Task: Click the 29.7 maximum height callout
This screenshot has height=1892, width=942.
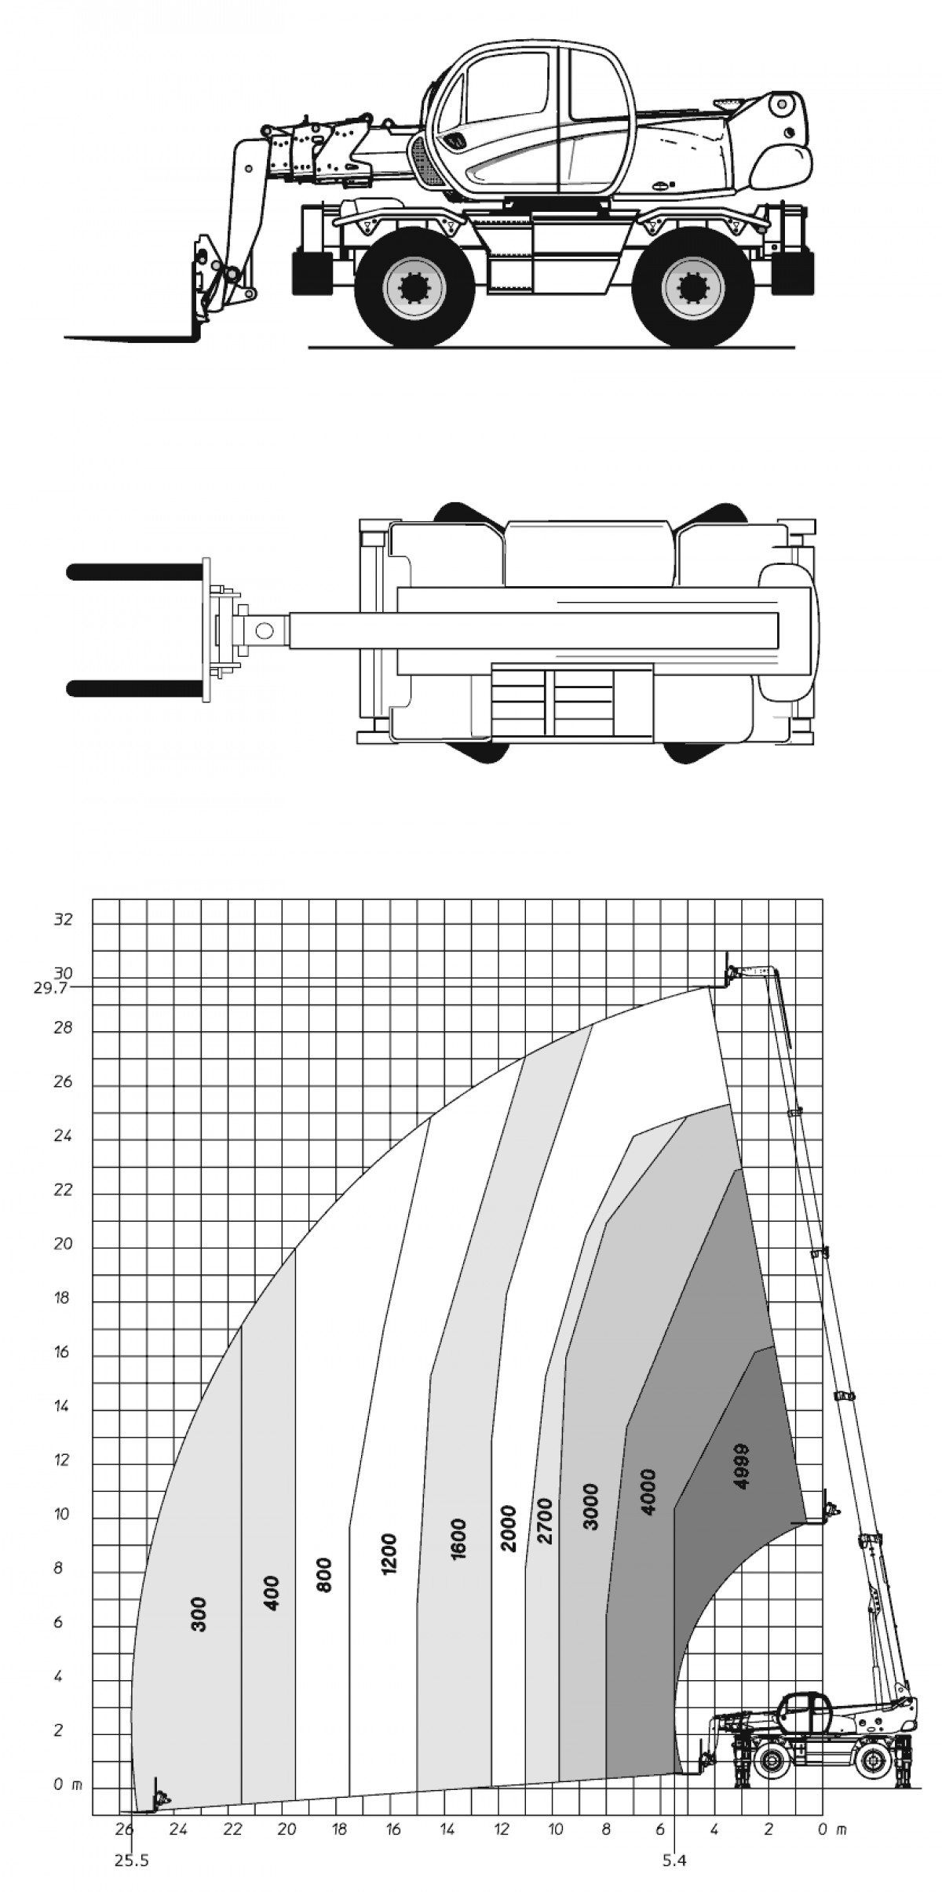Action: point(52,988)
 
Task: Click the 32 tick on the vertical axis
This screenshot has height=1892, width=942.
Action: point(63,919)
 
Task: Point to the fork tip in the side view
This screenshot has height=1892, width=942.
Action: point(66,338)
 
